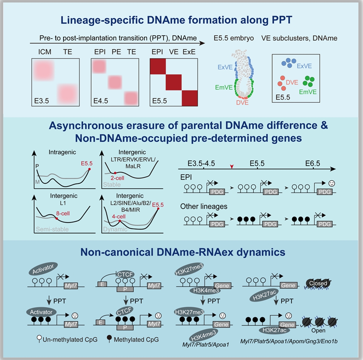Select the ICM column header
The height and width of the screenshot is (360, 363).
coord(45,52)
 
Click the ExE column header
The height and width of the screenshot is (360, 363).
coord(189,52)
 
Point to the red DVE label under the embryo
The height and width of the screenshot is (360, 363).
coord(242,103)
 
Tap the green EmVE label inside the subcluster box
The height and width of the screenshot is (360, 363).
coord(308,92)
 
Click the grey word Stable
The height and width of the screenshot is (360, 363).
coord(112,184)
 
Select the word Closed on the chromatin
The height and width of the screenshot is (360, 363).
coord(318,283)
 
